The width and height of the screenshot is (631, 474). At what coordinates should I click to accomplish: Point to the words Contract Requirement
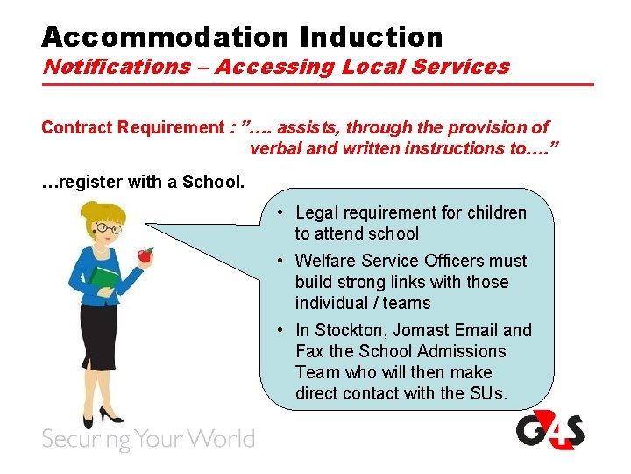pyautogui.click(x=132, y=127)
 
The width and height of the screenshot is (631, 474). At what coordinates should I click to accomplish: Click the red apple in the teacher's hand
pyautogui.click(x=145, y=255)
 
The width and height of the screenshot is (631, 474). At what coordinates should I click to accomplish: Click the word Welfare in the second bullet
pyautogui.click(x=324, y=261)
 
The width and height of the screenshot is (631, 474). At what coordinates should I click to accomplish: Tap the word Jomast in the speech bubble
pyautogui.click(x=422, y=330)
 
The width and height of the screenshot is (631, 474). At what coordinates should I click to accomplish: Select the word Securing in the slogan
pyautogui.click(x=82, y=439)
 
